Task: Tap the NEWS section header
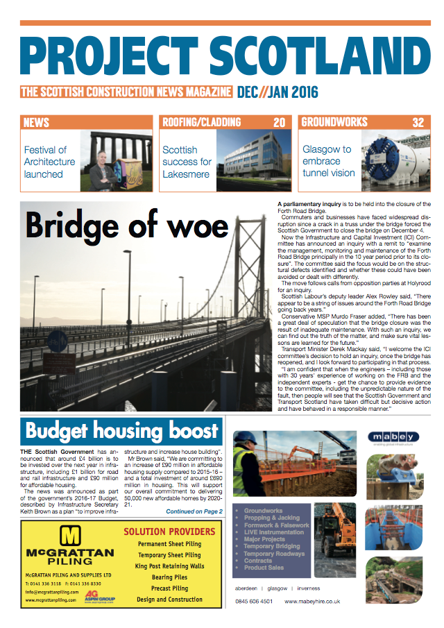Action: coord(36,123)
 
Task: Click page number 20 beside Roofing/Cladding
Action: coord(279,123)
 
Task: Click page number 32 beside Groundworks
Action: coord(418,123)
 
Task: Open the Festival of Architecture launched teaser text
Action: coord(49,162)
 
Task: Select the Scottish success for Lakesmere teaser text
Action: coord(187,162)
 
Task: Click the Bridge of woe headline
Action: coord(127,226)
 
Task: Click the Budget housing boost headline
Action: coord(122,431)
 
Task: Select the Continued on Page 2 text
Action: coord(194,511)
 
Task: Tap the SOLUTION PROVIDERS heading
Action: coord(169,532)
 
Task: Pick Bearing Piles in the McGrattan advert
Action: coord(169,577)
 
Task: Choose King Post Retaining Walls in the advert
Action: coord(169,566)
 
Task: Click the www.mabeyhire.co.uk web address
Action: coord(309,601)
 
